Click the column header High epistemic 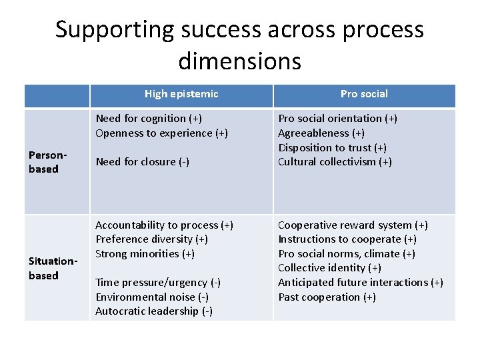(x=181, y=94)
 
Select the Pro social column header (x=364, y=94)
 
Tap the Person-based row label (x=44, y=162)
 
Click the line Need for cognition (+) (x=149, y=119)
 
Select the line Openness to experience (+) (x=161, y=133)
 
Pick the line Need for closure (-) (x=143, y=162)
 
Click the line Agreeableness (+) (x=321, y=133)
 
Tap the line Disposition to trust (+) (x=332, y=147)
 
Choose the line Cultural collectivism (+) (x=335, y=162)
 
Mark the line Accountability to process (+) (x=164, y=225)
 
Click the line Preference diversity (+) (x=151, y=239)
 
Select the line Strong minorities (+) (x=146, y=254)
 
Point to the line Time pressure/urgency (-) (x=158, y=283)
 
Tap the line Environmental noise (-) (x=152, y=297)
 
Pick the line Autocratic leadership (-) (x=154, y=311)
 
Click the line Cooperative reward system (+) (x=353, y=225)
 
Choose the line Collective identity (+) (x=329, y=268)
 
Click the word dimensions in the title (x=240, y=61)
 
